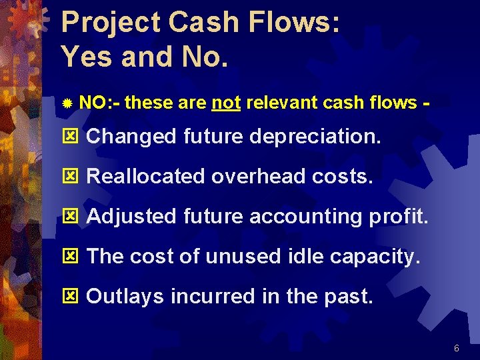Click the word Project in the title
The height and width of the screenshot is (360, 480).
pyautogui.click(x=109, y=23)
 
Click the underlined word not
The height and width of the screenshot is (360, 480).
pyautogui.click(x=226, y=103)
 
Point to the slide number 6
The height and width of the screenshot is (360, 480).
pyautogui.click(x=457, y=348)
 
